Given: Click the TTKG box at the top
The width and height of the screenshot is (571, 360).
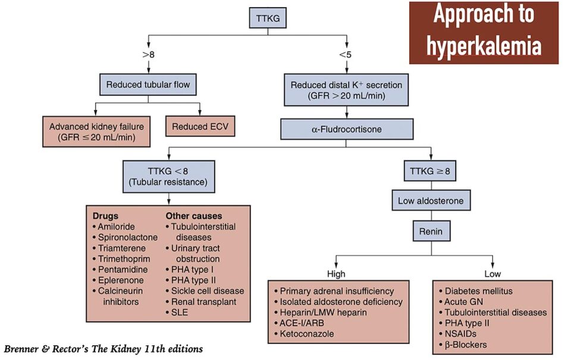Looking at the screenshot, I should [x=267, y=19].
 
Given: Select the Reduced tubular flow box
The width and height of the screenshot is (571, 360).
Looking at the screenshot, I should [x=148, y=85].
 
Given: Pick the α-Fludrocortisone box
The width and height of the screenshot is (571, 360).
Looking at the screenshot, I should [x=346, y=129].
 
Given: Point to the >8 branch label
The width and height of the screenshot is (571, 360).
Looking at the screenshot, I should [x=148, y=55].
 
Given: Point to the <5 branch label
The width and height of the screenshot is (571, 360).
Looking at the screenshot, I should [x=346, y=55].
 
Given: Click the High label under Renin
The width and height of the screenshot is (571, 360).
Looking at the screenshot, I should [x=336, y=274].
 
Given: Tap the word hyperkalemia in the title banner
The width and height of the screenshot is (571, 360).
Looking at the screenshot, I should [x=483, y=46].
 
